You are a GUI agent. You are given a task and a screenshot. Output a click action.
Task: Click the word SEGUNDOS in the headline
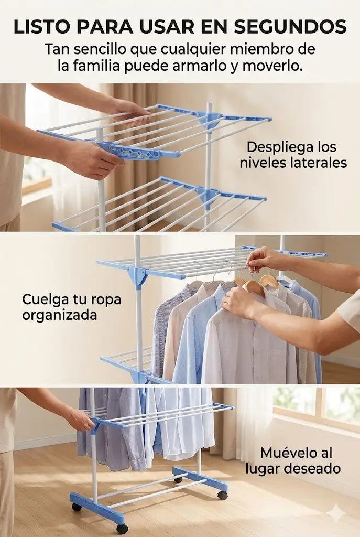click(x=290, y=27)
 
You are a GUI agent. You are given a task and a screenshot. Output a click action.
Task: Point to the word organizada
click(x=60, y=315)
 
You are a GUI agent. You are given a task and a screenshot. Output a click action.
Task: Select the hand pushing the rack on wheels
click(x=80, y=420)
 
